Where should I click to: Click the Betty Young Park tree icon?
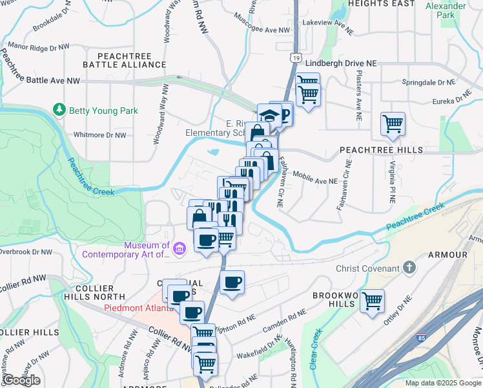pyautogui.click(x=60, y=111)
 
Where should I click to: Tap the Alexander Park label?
pyautogui.click(x=446, y=10)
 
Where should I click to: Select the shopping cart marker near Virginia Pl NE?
pyautogui.click(x=393, y=123)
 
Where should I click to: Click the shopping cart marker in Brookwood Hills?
pyautogui.click(x=373, y=301)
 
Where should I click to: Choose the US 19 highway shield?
pyautogui.click(x=294, y=58)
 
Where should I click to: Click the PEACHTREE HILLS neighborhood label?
pyautogui.click(x=381, y=150)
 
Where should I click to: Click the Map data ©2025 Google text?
pyautogui.click(x=442, y=383)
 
